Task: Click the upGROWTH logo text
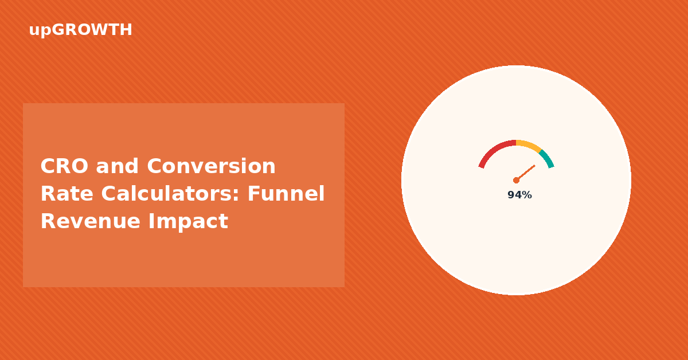80,30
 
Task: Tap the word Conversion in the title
212,166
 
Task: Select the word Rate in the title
67,194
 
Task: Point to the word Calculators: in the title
170,194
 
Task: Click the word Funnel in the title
286,194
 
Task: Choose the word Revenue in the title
91,221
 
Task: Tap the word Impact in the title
188,221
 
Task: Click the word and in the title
118,166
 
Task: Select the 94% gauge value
519,195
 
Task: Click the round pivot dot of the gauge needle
517,181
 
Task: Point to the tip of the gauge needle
535,166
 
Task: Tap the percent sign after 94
527,195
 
